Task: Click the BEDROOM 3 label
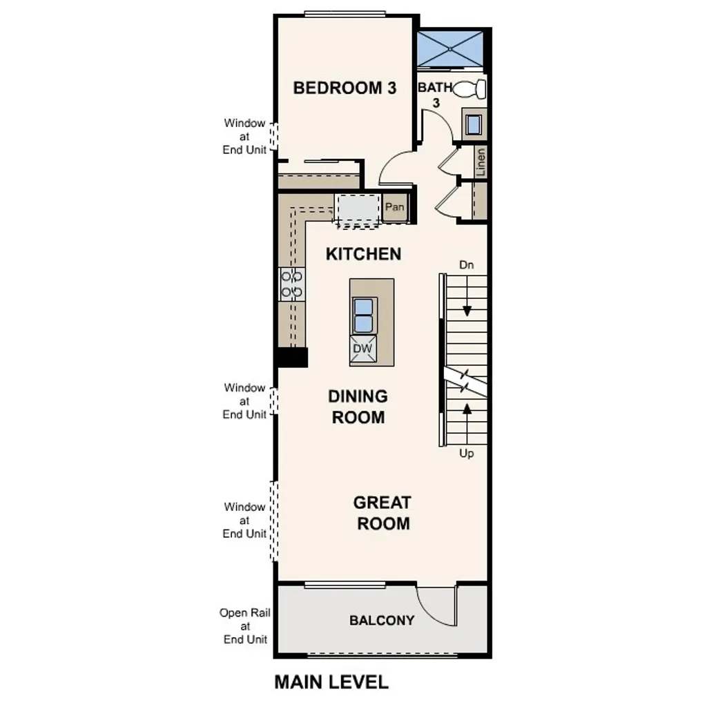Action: (345, 88)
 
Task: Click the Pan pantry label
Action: (394, 206)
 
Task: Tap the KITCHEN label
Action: (363, 254)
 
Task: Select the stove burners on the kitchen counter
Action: (291, 284)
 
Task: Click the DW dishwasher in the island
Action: (362, 349)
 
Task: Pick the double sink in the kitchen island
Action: (363, 315)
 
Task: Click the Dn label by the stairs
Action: (467, 265)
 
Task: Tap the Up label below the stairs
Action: (467, 454)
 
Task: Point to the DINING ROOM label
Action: (358, 407)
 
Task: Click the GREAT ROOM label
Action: (382, 513)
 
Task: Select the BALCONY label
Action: (382, 620)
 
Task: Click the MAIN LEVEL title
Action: (331, 682)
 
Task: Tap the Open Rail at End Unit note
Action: (244, 626)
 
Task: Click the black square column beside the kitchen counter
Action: (291, 358)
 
